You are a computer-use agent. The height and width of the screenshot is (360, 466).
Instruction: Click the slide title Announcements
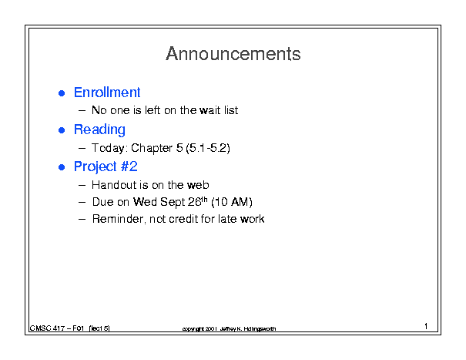(233, 54)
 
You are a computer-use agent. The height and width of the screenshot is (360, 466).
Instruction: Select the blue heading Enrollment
(107, 93)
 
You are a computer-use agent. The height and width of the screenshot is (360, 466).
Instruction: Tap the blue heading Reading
(99, 130)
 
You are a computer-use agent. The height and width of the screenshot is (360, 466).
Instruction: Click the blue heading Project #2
(106, 167)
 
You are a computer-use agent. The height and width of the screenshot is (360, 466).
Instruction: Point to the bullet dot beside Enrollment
(62, 93)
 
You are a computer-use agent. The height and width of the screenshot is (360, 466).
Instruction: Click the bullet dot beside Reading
(62, 130)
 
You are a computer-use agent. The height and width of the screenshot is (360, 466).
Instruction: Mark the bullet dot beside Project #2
(62, 167)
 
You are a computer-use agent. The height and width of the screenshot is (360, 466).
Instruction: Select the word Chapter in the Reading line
(152, 148)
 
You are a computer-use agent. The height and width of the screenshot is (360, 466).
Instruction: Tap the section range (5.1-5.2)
(208, 148)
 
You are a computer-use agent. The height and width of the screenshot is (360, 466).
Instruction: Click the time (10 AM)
(232, 202)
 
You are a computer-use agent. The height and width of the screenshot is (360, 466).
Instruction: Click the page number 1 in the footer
(426, 326)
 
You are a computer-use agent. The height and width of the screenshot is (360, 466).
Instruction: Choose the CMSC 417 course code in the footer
(47, 328)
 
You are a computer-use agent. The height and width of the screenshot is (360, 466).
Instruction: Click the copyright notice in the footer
(229, 328)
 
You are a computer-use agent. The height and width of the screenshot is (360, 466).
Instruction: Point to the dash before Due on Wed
(82, 202)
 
